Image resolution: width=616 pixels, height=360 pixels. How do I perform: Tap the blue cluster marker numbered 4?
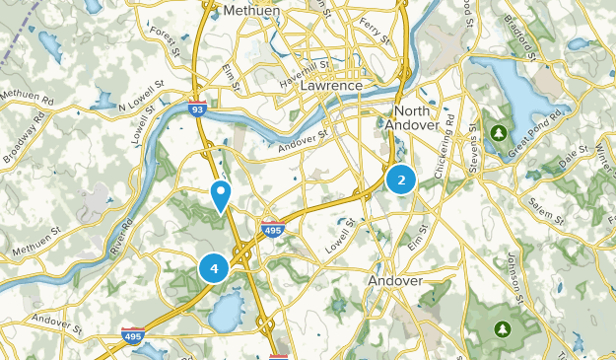[214, 267]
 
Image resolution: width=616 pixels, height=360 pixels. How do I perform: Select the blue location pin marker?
[221, 195]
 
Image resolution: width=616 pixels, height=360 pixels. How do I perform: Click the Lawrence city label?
[332, 86]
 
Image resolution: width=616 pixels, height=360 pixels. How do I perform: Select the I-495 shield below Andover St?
[273, 230]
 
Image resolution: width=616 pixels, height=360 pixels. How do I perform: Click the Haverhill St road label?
[301, 75]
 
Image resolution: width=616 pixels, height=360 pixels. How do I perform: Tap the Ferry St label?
[375, 25]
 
